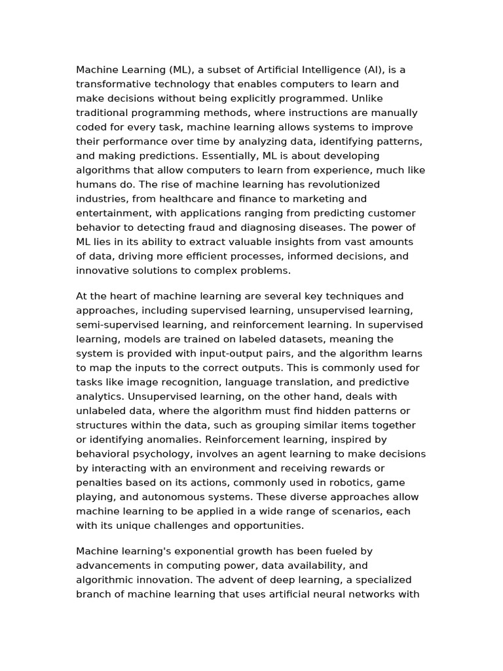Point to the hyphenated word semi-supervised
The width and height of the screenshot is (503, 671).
(117, 325)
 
